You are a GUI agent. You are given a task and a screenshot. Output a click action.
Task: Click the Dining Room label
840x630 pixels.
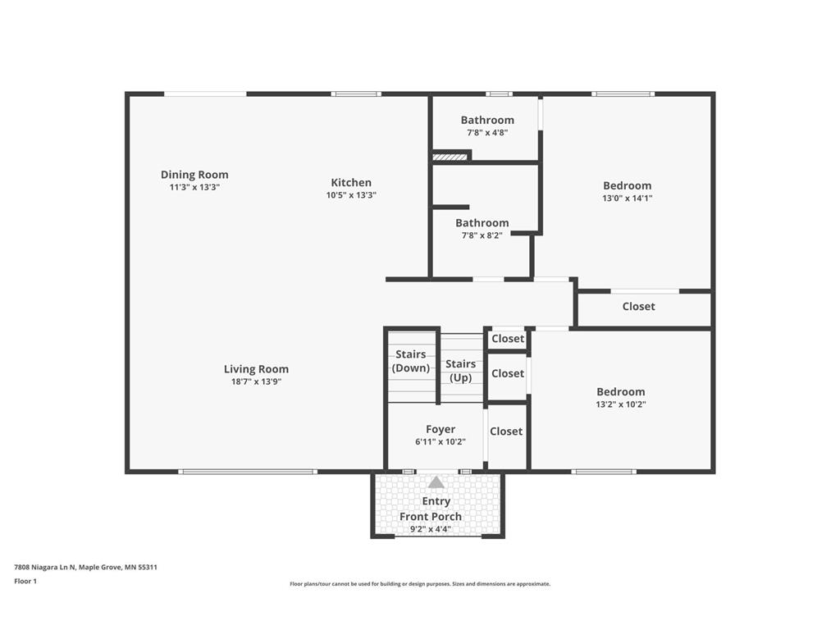tap(194, 175)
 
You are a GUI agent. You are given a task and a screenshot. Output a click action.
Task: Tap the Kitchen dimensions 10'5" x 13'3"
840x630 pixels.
tap(351, 195)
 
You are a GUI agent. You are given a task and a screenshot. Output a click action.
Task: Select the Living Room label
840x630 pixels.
tap(256, 369)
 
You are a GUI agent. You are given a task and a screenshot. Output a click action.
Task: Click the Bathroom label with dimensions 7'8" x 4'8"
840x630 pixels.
tap(487, 120)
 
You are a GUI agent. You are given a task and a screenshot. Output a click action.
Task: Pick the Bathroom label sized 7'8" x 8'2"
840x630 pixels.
tap(482, 223)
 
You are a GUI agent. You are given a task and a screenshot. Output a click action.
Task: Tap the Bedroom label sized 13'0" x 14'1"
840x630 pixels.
tap(628, 185)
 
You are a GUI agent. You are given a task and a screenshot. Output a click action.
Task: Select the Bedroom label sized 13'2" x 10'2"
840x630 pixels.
tap(621, 391)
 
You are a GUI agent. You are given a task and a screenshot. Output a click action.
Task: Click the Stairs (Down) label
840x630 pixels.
tap(411, 361)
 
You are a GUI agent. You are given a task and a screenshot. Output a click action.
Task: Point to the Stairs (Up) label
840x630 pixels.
tap(461, 371)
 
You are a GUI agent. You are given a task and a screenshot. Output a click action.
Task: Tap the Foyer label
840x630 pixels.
tap(441, 429)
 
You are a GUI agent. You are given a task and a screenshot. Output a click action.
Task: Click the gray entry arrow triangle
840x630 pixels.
tap(436, 482)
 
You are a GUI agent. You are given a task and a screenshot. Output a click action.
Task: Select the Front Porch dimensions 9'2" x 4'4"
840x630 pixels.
tap(430, 529)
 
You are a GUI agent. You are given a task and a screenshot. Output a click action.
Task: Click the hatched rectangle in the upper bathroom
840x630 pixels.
tap(450, 157)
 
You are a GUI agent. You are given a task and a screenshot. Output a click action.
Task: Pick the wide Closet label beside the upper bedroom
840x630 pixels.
tap(638, 307)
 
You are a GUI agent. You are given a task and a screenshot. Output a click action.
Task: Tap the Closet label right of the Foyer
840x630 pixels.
tap(506, 431)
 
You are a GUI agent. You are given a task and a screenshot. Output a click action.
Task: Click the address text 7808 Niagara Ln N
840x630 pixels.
tap(45, 567)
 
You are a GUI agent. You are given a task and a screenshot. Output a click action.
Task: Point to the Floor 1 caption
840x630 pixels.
tap(25, 581)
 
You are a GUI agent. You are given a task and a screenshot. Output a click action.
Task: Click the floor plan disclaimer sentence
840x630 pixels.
tap(420, 584)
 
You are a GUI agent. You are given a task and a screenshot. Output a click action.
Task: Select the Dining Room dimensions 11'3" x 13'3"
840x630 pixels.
tap(194, 188)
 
